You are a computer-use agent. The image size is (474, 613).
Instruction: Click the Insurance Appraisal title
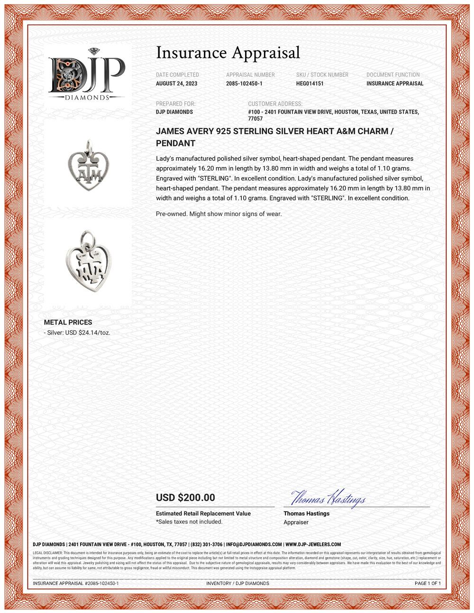point(228,52)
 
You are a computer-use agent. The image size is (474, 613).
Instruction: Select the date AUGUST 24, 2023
point(177,83)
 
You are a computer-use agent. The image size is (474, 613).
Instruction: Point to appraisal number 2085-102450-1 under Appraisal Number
point(244,83)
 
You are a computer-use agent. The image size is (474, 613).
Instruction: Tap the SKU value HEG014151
point(310,83)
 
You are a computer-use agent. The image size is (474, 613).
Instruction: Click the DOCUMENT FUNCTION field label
point(393,75)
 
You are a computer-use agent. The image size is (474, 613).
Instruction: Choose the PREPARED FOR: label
point(175,104)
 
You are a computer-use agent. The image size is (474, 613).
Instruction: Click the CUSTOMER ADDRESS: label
point(275,104)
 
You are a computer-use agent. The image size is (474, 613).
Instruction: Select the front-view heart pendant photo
point(88,163)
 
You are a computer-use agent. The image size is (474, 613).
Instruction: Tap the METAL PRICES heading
point(68,322)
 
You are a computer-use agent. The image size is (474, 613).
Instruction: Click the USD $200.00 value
point(185,497)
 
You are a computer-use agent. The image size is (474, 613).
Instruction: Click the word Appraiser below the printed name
point(296,522)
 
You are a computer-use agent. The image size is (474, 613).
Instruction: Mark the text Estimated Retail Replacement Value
point(203,514)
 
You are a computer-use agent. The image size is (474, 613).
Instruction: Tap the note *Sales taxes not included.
point(189,522)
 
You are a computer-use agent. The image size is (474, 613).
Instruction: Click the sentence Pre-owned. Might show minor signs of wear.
point(219,214)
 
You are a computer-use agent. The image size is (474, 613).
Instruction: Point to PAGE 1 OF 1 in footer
point(428,583)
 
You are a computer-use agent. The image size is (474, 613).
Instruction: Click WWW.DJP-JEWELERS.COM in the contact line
point(313,544)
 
